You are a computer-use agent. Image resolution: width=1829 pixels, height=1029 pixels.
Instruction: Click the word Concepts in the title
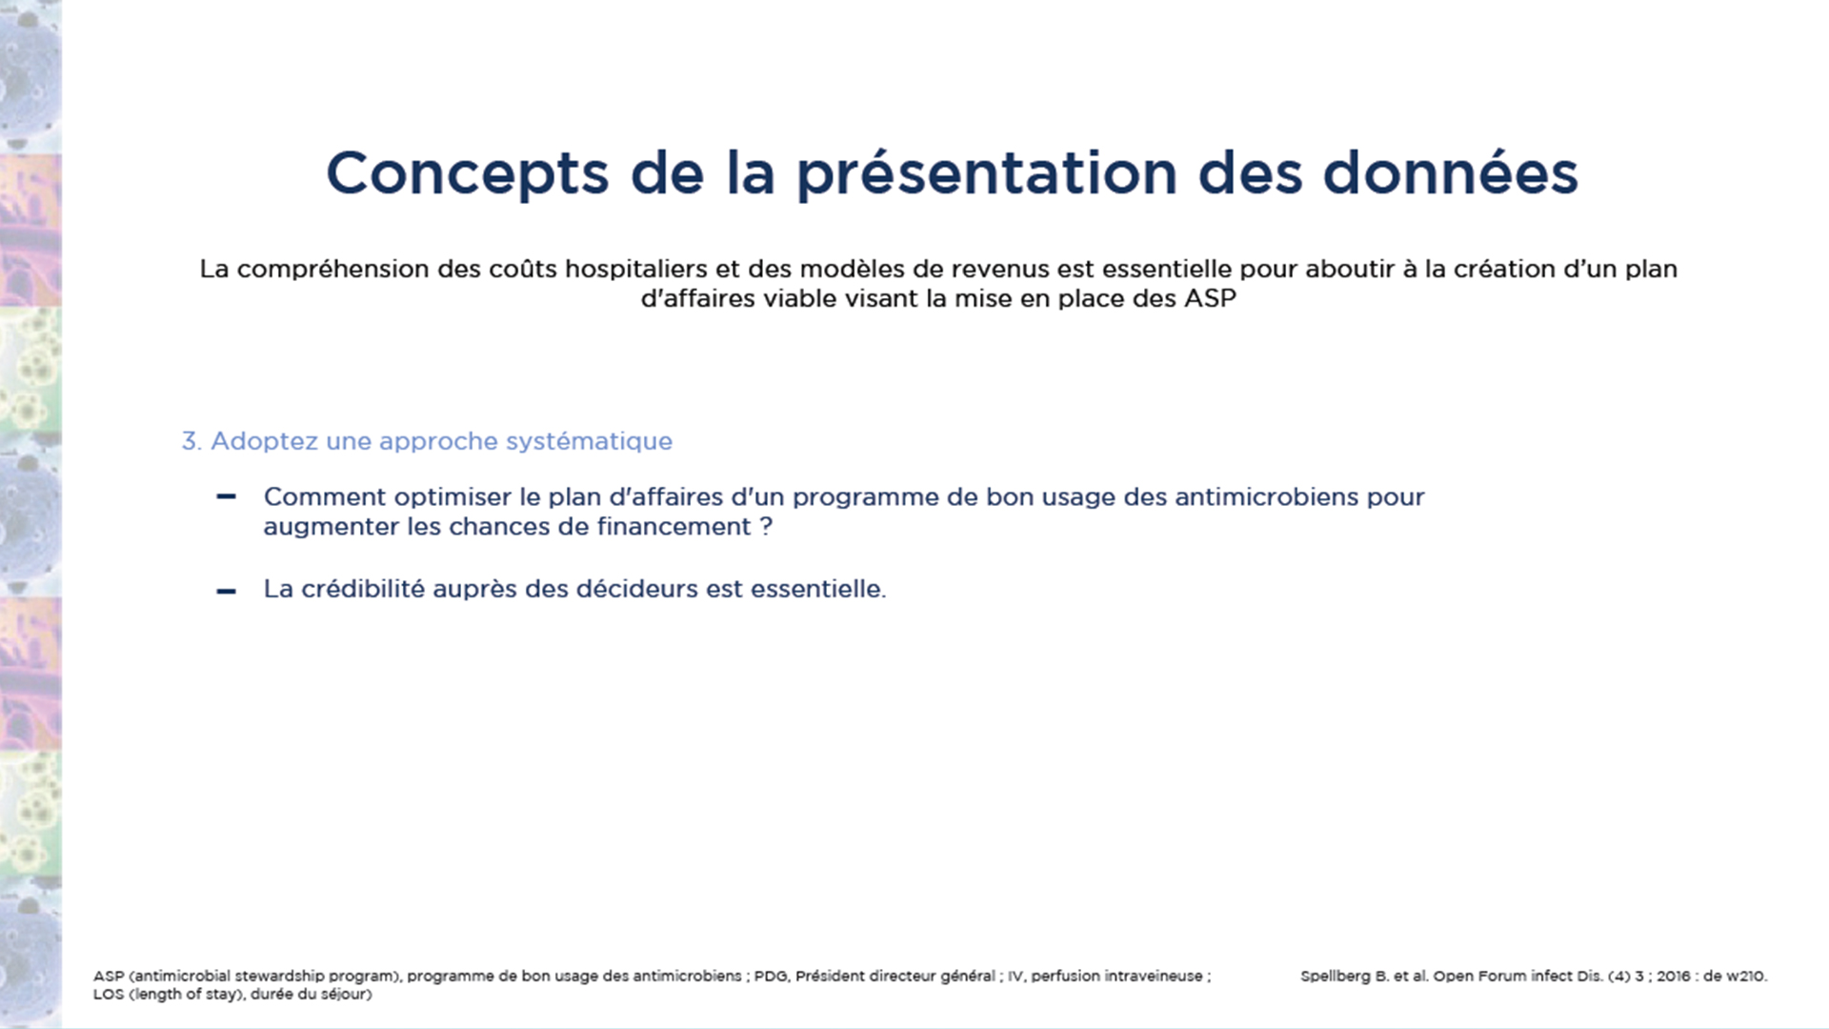tap(467, 174)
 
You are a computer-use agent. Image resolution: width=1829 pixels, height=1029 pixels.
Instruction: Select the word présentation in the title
tap(987, 174)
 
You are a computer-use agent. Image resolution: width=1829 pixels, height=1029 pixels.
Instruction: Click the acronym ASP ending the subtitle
tap(1210, 298)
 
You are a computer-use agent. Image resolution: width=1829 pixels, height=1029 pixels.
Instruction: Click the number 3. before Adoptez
tap(191, 441)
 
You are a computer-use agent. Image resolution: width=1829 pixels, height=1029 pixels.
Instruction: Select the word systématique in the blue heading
tap(589, 442)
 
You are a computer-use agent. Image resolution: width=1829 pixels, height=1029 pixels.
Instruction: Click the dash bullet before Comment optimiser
tap(226, 496)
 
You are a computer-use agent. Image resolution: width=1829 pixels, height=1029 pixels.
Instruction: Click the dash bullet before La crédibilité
tap(226, 592)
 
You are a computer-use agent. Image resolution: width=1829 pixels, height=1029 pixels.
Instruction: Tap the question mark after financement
tap(766, 527)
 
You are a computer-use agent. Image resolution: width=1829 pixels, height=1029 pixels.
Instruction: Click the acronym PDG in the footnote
tap(771, 977)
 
